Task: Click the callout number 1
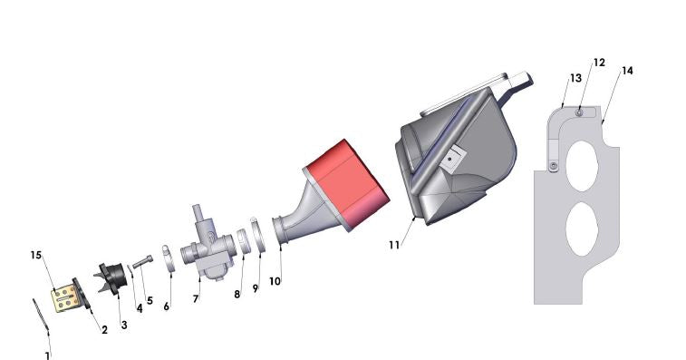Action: coord(47,355)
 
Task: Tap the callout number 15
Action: coord(35,255)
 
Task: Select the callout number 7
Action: coord(196,297)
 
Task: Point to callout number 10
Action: coord(275,281)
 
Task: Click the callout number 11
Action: coord(394,245)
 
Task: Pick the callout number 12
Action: coord(599,63)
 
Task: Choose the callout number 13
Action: coord(575,79)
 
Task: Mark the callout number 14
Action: coord(627,71)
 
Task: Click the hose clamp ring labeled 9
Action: coord(257,237)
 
